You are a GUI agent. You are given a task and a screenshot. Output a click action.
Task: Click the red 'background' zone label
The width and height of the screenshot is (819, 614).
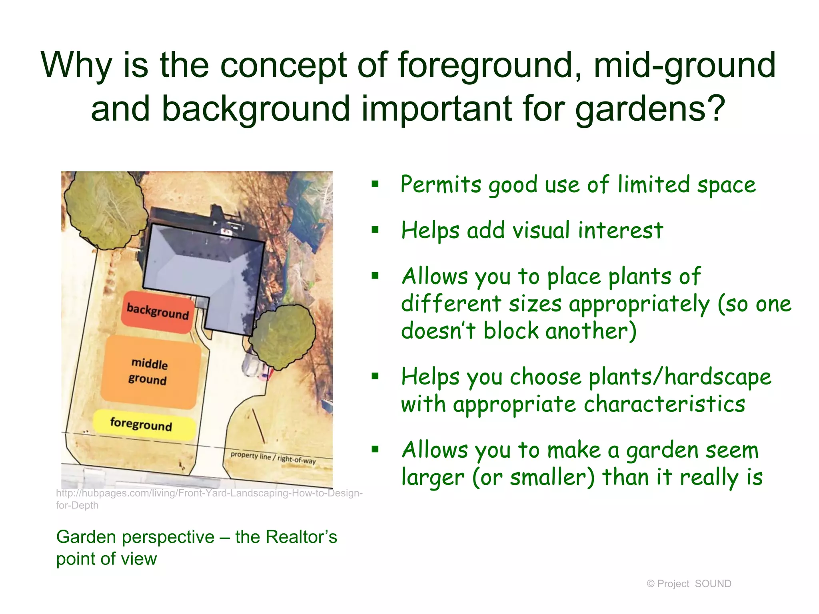[158, 312]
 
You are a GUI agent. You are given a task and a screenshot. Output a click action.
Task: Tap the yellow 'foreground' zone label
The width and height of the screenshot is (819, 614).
[142, 425]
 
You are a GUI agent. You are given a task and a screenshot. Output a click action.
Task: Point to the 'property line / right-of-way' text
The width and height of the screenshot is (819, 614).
[273, 458]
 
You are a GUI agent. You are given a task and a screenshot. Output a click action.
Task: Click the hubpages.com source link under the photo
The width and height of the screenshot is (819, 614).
[209, 494]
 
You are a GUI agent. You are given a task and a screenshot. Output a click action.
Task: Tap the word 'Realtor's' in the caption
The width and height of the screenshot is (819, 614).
[301, 537]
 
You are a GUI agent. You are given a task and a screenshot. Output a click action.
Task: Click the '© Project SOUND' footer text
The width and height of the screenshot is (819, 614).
[689, 584]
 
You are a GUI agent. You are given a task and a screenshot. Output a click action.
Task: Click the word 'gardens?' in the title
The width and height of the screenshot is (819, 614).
[650, 109]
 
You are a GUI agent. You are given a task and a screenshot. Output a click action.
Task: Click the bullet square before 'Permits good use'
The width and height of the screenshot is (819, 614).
[375, 184]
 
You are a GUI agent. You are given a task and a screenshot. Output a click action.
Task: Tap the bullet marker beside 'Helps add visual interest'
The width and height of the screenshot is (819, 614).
[375, 230]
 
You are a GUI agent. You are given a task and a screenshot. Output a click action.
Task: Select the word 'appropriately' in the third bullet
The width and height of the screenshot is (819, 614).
[639, 304]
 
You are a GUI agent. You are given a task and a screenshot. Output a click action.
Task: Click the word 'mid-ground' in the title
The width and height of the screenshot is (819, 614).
[684, 65]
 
